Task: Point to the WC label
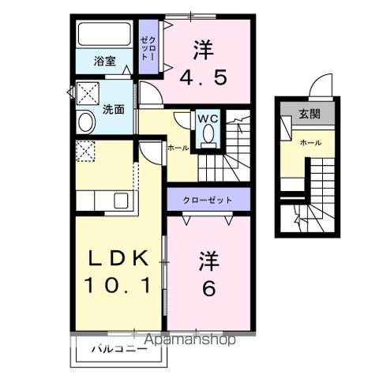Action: coord(208,118)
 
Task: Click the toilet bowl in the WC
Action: coord(208,137)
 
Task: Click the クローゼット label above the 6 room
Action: coord(208,200)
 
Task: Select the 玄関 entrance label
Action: coord(310,114)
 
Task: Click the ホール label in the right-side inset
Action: coord(310,143)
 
